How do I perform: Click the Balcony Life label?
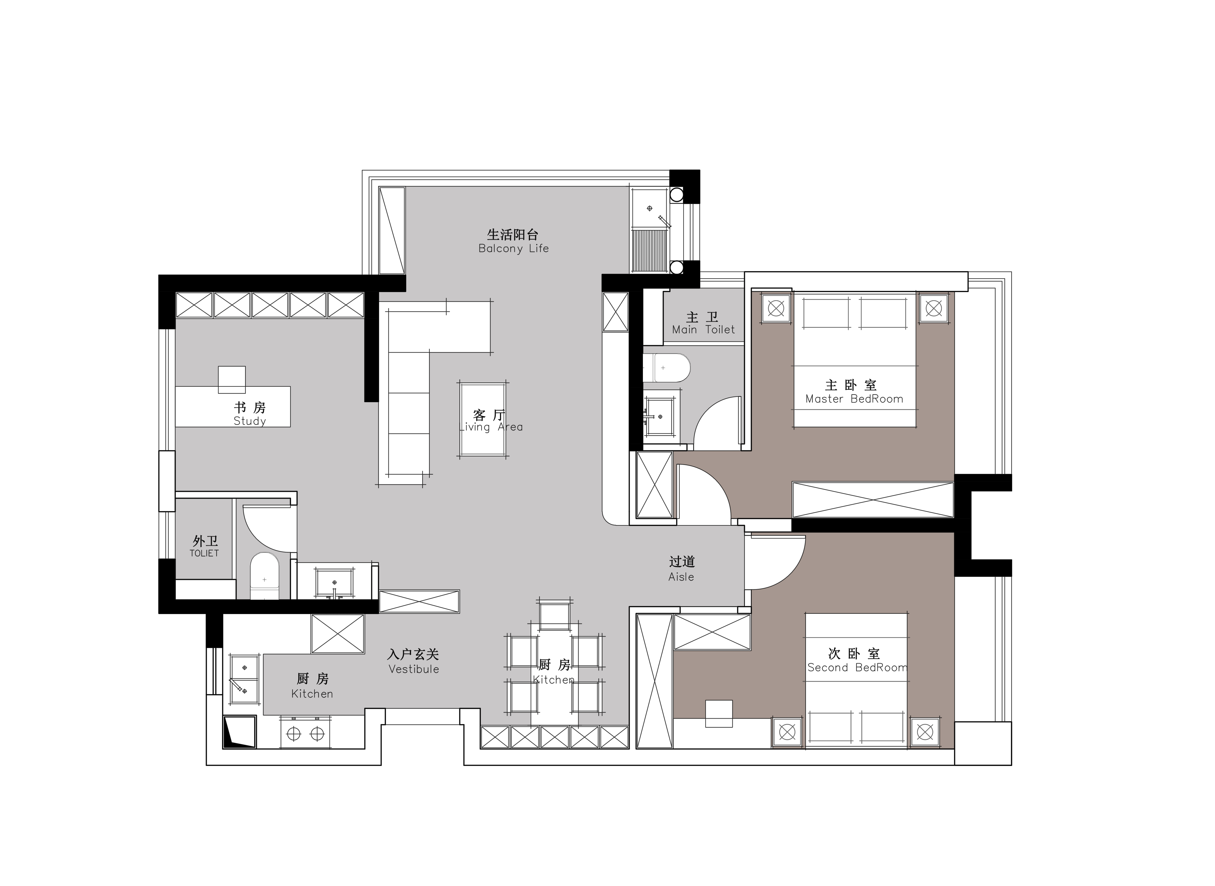[x=513, y=248]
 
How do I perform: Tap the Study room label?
[x=250, y=421]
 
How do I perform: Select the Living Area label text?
[x=491, y=427]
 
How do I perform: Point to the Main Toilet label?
[x=703, y=330]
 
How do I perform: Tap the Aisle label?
[x=681, y=577]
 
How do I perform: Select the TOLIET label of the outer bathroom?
[x=204, y=553]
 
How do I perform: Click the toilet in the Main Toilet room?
[x=666, y=368]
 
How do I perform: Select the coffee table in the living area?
[x=483, y=419]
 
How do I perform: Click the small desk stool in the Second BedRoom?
[x=718, y=714]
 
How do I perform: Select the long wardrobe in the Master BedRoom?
[x=873, y=500]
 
